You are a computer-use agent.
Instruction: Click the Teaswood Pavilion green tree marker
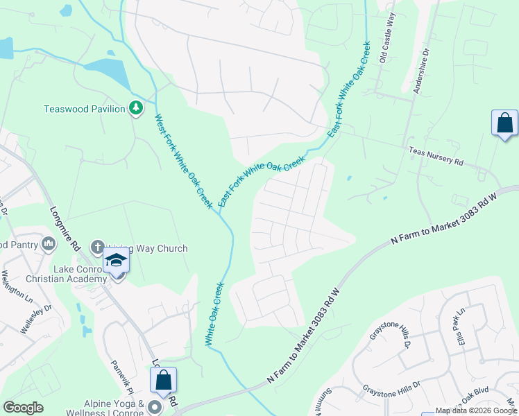[137, 108]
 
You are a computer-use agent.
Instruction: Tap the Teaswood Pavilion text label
[84, 109]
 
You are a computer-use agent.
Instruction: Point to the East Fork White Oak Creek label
[262, 181]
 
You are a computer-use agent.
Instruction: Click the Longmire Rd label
[64, 227]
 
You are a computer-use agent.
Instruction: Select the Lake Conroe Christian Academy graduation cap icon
[117, 261]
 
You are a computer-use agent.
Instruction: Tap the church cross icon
[97, 247]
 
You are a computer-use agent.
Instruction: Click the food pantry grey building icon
[49, 243]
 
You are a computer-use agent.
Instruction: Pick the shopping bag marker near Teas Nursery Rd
[504, 123]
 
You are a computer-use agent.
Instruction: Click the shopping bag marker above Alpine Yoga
[164, 380]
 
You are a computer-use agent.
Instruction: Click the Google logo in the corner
[23, 408]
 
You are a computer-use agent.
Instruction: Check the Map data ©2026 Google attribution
[476, 411]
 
